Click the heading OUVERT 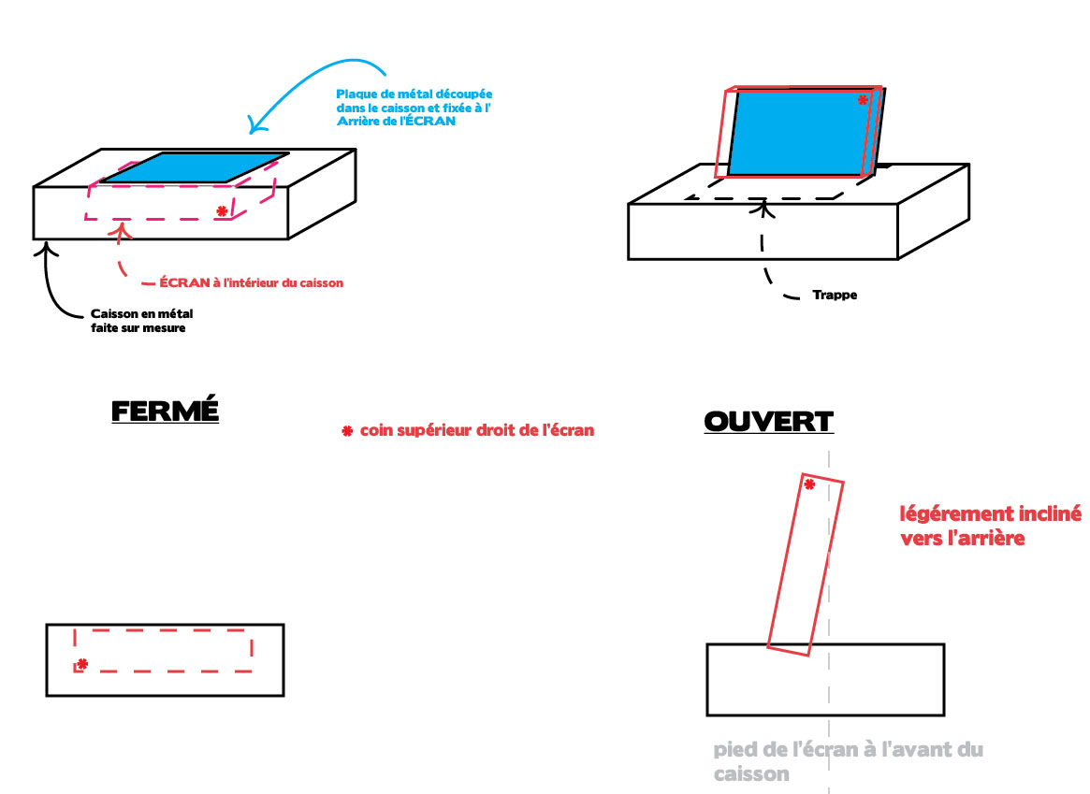pyautogui.click(x=768, y=421)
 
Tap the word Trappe pyautogui.click(x=835, y=295)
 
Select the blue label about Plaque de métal pyautogui.click(x=414, y=107)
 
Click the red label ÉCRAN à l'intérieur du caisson pyautogui.click(x=251, y=282)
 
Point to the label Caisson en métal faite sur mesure pyautogui.click(x=142, y=320)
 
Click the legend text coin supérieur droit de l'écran pyautogui.click(x=477, y=430)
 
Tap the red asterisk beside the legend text pyautogui.click(x=347, y=431)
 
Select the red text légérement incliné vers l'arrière pyautogui.click(x=990, y=526)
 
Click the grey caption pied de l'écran pyautogui.click(x=848, y=760)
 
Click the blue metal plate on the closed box pyautogui.click(x=196, y=168)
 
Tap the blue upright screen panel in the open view pyautogui.click(x=802, y=133)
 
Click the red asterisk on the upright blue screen pyautogui.click(x=863, y=100)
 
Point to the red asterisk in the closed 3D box pyautogui.click(x=222, y=211)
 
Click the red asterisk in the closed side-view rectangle pyautogui.click(x=82, y=664)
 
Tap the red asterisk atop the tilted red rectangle pyautogui.click(x=809, y=484)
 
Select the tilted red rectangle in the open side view pyautogui.click(x=806, y=565)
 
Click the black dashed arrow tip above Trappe pyautogui.click(x=763, y=200)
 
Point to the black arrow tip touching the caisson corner pyautogui.click(x=46, y=242)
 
